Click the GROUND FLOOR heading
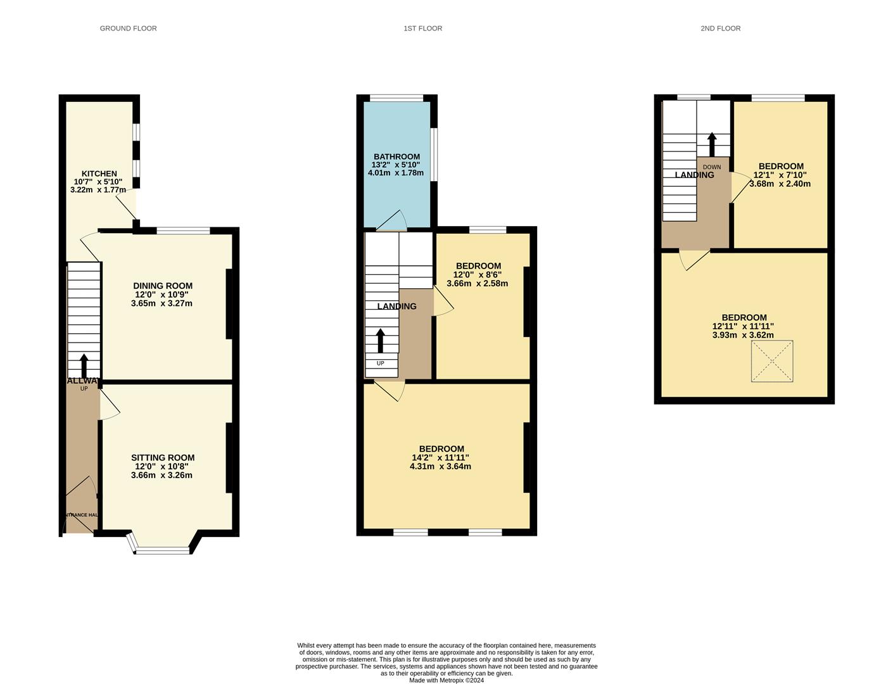click(x=128, y=28)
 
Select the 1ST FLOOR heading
click(x=422, y=28)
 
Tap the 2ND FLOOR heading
click(x=720, y=28)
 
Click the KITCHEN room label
click(x=99, y=174)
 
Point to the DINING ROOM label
click(x=162, y=286)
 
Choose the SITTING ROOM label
click(x=163, y=457)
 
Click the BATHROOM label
click(x=396, y=156)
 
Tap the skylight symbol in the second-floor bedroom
click(x=771, y=361)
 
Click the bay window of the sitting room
click(x=162, y=550)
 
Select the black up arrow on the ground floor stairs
click(x=84, y=366)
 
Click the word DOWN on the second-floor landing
click(x=712, y=167)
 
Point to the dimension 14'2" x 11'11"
click(x=440, y=457)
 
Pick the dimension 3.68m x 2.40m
click(x=780, y=184)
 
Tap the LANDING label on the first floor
click(x=396, y=306)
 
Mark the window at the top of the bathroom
click(x=396, y=98)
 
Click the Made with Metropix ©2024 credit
click(x=446, y=680)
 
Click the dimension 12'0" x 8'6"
click(x=478, y=275)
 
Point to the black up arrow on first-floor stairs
click(x=380, y=340)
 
